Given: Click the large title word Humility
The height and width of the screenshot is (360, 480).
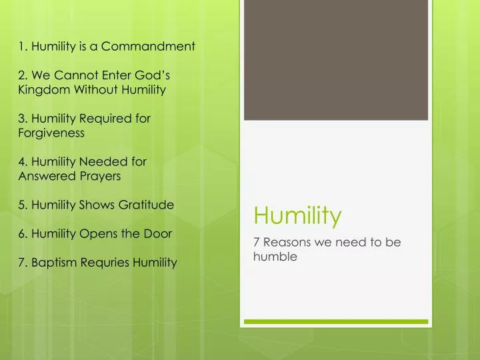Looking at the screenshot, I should pos(297,215).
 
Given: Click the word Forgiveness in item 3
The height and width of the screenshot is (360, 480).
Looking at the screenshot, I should pos(51,133).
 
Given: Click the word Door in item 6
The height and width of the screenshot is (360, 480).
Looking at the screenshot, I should pos(159,233).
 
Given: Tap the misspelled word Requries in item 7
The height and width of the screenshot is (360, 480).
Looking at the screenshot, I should pos(104,262).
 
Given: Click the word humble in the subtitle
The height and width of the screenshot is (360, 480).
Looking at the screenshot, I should pos(275,256).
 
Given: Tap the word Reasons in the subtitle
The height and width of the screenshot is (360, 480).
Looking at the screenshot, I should pos(287,243).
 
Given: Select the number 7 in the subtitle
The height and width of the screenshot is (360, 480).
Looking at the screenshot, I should pos(257,243).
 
